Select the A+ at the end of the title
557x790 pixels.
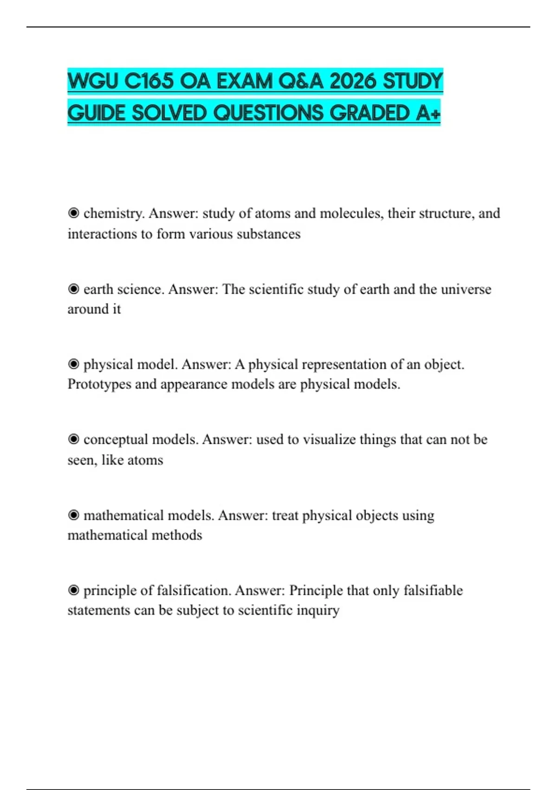pyautogui.click(x=427, y=113)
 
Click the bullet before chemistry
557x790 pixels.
pyautogui.click(x=73, y=213)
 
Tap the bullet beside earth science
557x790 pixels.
pyautogui.click(x=73, y=289)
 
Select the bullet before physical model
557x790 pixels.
pyautogui.click(x=73, y=364)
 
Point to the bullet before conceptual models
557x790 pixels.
pyautogui.click(x=73, y=440)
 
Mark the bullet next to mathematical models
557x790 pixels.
pyautogui.click(x=73, y=515)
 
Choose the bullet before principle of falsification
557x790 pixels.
pyautogui.click(x=73, y=591)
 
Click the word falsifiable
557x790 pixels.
pyautogui.click(x=433, y=591)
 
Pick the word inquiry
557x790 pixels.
pyautogui.click(x=318, y=611)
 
